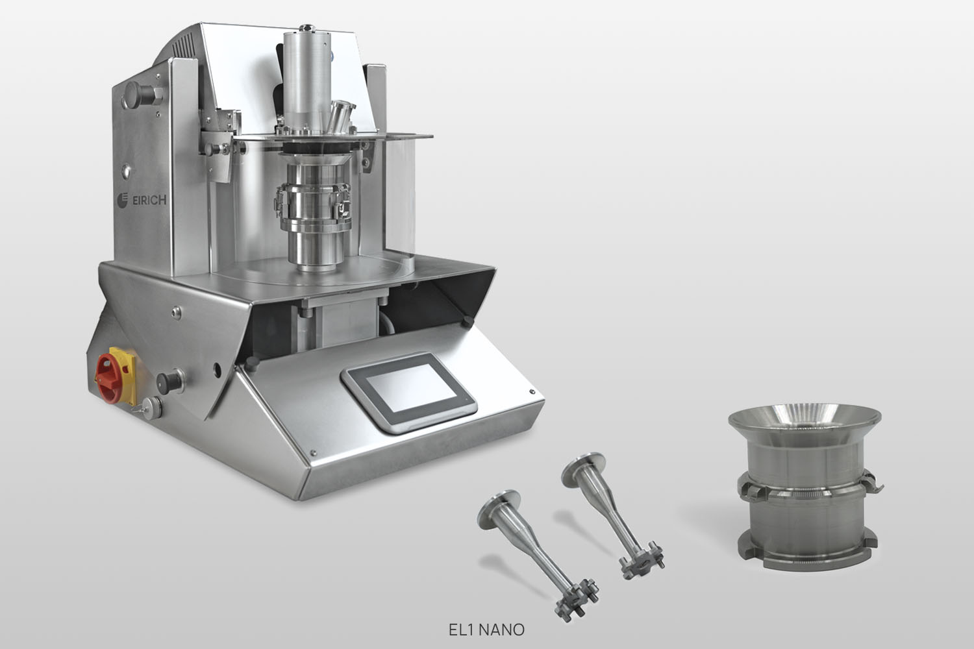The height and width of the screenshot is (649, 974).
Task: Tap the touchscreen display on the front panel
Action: pyautogui.click(x=410, y=392)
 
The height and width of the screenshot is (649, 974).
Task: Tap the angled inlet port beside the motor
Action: pyautogui.click(x=340, y=116)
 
